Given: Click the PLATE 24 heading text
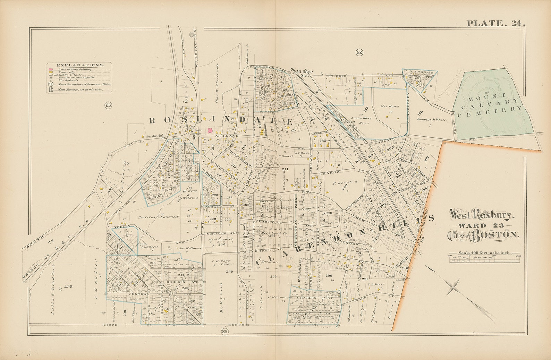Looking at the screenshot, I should [495, 23].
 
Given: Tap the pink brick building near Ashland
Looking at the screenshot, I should [210, 130].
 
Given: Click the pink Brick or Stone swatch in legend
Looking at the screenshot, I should [51, 69].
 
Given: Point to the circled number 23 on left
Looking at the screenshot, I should [108, 105].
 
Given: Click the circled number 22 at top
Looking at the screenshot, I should [359, 52].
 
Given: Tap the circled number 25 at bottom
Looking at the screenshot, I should [224, 332].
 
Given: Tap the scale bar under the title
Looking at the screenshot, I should [485, 258].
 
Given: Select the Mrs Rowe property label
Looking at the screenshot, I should [390, 106].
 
